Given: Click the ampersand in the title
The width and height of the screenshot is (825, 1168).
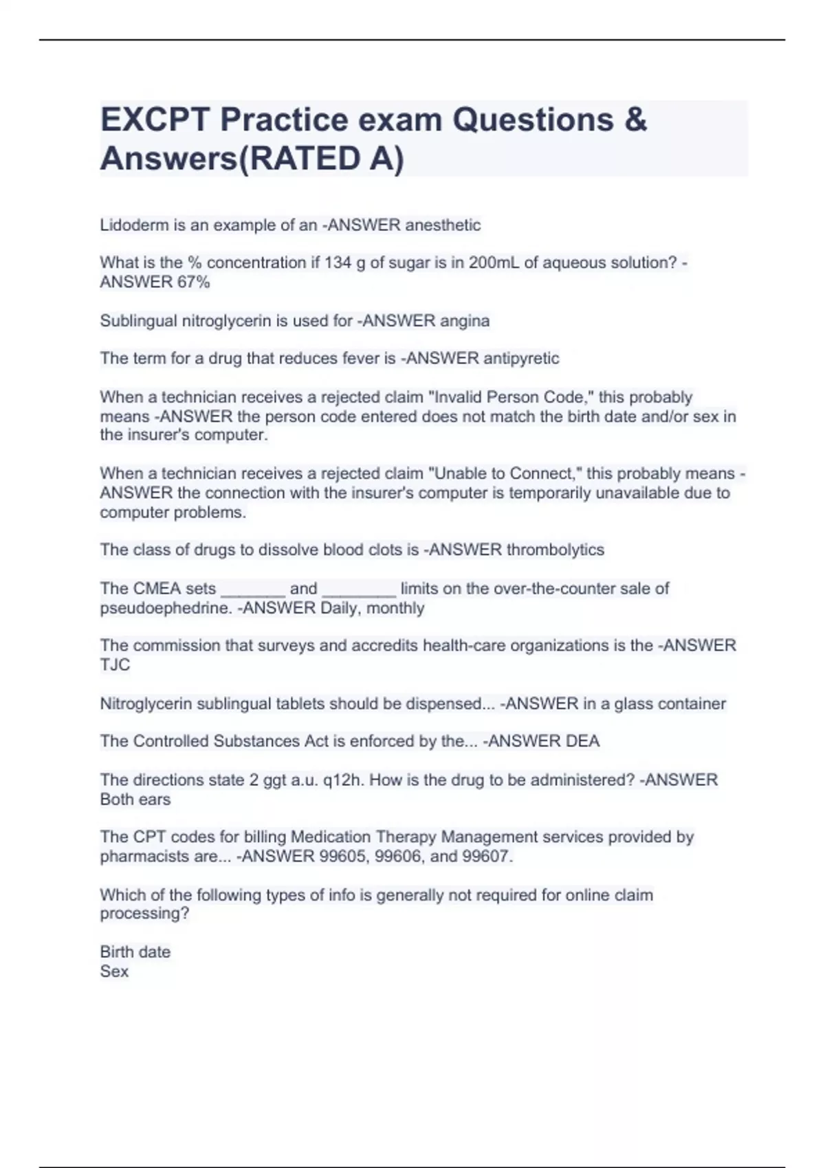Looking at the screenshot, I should click(x=636, y=120).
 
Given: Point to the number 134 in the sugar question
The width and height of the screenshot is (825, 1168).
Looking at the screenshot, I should click(x=338, y=262).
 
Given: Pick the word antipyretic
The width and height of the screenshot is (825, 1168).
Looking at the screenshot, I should click(x=521, y=358).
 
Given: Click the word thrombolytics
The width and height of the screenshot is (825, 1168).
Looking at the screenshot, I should click(x=555, y=550).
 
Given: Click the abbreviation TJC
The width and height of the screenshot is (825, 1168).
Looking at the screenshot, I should click(x=115, y=664).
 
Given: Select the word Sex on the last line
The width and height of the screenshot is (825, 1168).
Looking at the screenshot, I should click(x=114, y=971).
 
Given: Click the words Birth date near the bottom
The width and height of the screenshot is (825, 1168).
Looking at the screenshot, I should click(x=135, y=952).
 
